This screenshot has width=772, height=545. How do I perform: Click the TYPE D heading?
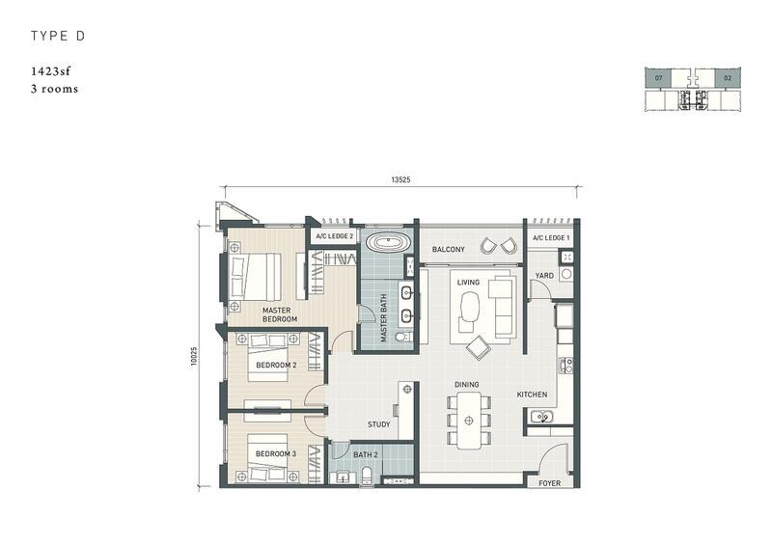click(x=58, y=36)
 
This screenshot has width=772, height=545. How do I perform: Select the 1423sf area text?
click(x=51, y=71)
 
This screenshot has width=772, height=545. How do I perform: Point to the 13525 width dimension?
click(x=400, y=179)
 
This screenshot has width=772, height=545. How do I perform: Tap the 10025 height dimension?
click(x=194, y=356)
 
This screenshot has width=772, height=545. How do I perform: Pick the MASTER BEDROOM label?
click(x=279, y=314)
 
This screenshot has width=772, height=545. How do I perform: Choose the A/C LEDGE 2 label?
click(x=334, y=236)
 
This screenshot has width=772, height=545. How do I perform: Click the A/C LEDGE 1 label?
click(x=551, y=238)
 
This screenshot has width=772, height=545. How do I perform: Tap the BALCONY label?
click(x=448, y=250)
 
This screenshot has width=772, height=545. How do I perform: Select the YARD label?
click(x=544, y=276)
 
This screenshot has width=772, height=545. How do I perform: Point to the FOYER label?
click(x=549, y=483)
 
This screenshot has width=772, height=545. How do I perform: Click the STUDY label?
click(x=378, y=424)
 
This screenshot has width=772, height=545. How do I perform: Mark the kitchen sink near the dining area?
click(x=541, y=417)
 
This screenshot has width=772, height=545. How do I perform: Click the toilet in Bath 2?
click(x=368, y=476)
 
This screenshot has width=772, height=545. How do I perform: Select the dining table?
click(x=469, y=421)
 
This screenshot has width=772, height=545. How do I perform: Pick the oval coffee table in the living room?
click(x=470, y=305)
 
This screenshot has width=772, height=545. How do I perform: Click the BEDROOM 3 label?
click(x=276, y=454)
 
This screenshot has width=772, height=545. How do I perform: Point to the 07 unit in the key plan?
click(x=659, y=78)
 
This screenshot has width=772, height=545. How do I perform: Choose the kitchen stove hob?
click(x=566, y=366)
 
